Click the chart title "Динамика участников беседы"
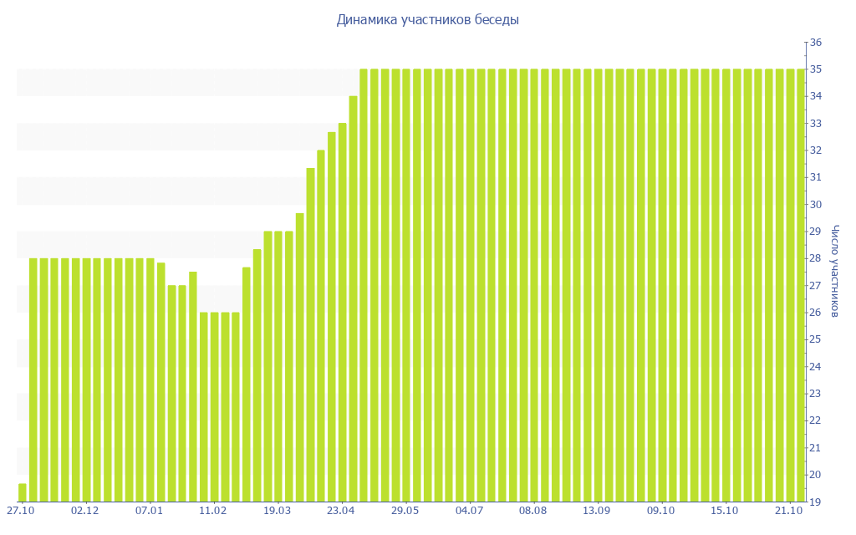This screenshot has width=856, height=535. pos(427,20)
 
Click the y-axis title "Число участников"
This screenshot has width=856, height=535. pos(835,272)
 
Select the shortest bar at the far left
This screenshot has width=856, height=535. pos(23,492)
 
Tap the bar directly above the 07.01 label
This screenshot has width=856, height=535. pos(150,380)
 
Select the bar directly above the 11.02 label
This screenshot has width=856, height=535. pos(215,407)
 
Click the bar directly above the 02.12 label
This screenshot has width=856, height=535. pos(86,380)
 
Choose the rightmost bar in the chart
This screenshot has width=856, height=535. pos(801,285)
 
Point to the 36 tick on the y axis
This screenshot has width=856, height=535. pos(817,43)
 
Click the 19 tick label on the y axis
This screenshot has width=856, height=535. pos(817,502)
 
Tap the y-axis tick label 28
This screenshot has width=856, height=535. pos(817,258)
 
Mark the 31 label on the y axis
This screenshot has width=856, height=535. pos(817,177)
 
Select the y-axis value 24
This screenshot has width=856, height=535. pos(817,366)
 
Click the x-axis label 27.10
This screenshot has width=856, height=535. pos(21,511)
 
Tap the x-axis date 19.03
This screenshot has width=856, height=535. pos(277,511)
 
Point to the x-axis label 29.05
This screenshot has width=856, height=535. pos(405,511)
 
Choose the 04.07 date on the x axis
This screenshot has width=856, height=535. pos(469,511)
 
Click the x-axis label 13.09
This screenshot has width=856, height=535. pos(597,511)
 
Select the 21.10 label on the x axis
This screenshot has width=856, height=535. pos(789,511)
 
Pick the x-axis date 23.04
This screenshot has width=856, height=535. pos(341,511)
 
